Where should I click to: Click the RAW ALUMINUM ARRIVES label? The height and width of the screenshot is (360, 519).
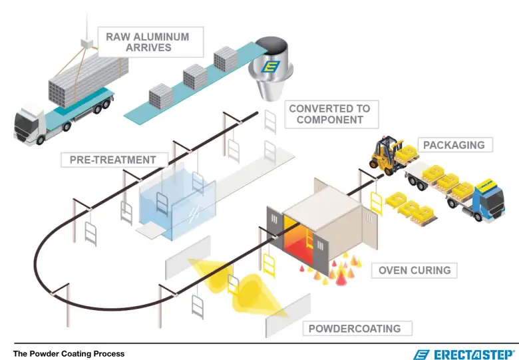[148, 41]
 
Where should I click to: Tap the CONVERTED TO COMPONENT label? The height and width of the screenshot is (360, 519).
[329, 114]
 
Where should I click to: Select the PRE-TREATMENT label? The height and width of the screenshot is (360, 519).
[112, 160]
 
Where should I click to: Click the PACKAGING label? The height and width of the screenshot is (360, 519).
[454, 144]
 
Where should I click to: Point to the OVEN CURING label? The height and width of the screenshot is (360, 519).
[414, 270]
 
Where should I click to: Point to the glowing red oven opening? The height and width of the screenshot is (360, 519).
[301, 241]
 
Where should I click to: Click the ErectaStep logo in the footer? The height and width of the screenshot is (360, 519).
[464, 353]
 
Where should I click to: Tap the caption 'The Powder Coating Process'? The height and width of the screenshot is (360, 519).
[69, 353]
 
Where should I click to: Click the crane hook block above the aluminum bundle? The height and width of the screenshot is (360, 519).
[86, 43]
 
